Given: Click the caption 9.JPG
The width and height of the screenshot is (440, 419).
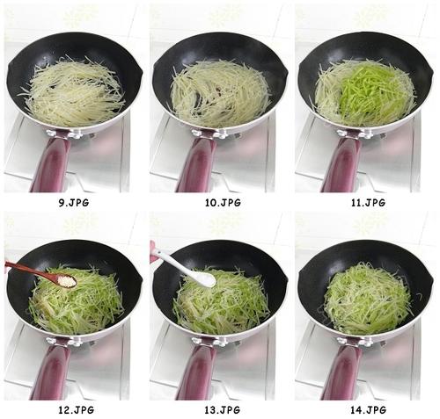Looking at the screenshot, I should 73,202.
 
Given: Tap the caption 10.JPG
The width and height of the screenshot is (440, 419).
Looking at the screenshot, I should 219,202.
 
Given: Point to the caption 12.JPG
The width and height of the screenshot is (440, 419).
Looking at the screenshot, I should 73,410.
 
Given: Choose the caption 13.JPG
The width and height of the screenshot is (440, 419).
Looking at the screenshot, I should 219,410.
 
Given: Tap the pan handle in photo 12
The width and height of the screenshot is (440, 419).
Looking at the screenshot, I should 51,372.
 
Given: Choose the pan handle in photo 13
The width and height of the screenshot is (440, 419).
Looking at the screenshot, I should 196,372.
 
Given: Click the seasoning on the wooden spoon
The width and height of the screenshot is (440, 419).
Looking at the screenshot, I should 63,280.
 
